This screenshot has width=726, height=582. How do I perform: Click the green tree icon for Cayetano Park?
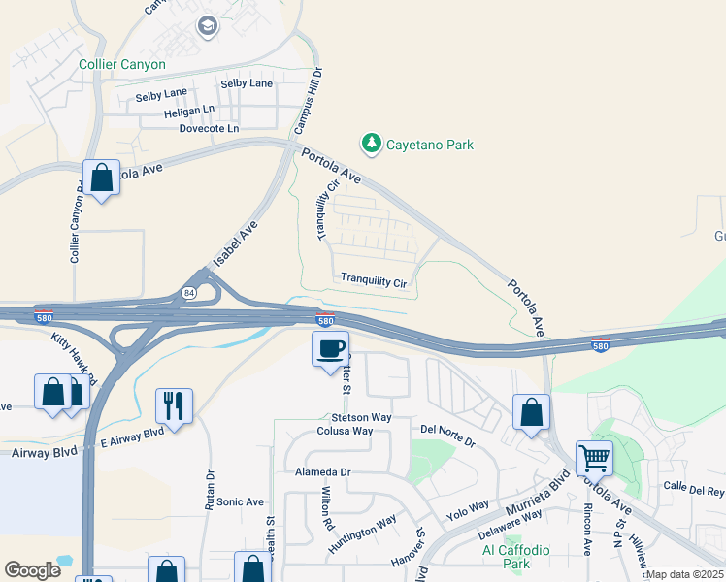pos(371,145)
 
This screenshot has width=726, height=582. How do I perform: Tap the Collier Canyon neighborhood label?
pos(122,65)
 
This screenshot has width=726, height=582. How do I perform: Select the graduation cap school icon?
pos(207,26)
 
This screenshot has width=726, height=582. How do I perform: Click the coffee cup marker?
pos(330,348)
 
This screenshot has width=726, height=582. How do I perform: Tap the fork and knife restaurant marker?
pos(175,404)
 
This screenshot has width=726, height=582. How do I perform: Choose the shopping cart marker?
pos(594,457)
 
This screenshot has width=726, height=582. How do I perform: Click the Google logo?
pos(32,570)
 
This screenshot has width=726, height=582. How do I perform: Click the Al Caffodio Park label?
pos(516,557)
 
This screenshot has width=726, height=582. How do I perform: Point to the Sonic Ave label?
pos(240,501)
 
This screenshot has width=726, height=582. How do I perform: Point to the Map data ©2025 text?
pos(685,574)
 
